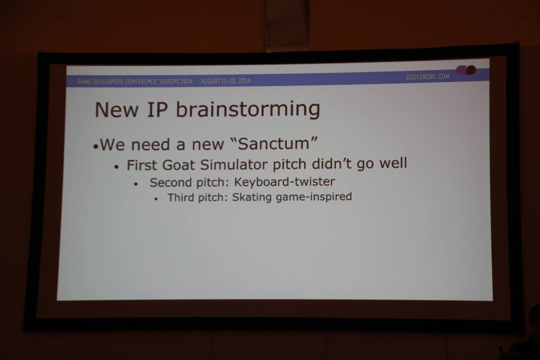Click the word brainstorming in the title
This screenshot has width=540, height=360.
click(x=248, y=110)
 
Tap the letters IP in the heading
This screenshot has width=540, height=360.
click(x=157, y=110)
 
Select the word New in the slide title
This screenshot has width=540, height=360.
click(x=116, y=110)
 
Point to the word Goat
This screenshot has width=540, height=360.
click(x=178, y=165)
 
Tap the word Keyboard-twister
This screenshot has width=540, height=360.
click(x=284, y=181)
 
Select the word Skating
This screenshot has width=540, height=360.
click(x=252, y=197)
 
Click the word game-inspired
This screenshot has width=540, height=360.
click(x=314, y=197)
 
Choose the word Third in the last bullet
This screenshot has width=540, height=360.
click(x=181, y=198)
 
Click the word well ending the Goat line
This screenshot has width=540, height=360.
click(x=393, y=163)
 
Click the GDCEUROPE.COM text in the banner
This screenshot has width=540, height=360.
click(x=428, y=77)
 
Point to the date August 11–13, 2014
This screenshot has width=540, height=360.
click(x=226, y=81)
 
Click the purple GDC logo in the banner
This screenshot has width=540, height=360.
click(x=466, y=70)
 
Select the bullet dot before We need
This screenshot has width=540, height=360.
click(x=96, y=146)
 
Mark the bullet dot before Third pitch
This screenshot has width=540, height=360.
click(x=156, y=199)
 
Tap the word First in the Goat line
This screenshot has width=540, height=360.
click(x=141, y=165)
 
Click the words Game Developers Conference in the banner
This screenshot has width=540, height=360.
click(x=117, y=81)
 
